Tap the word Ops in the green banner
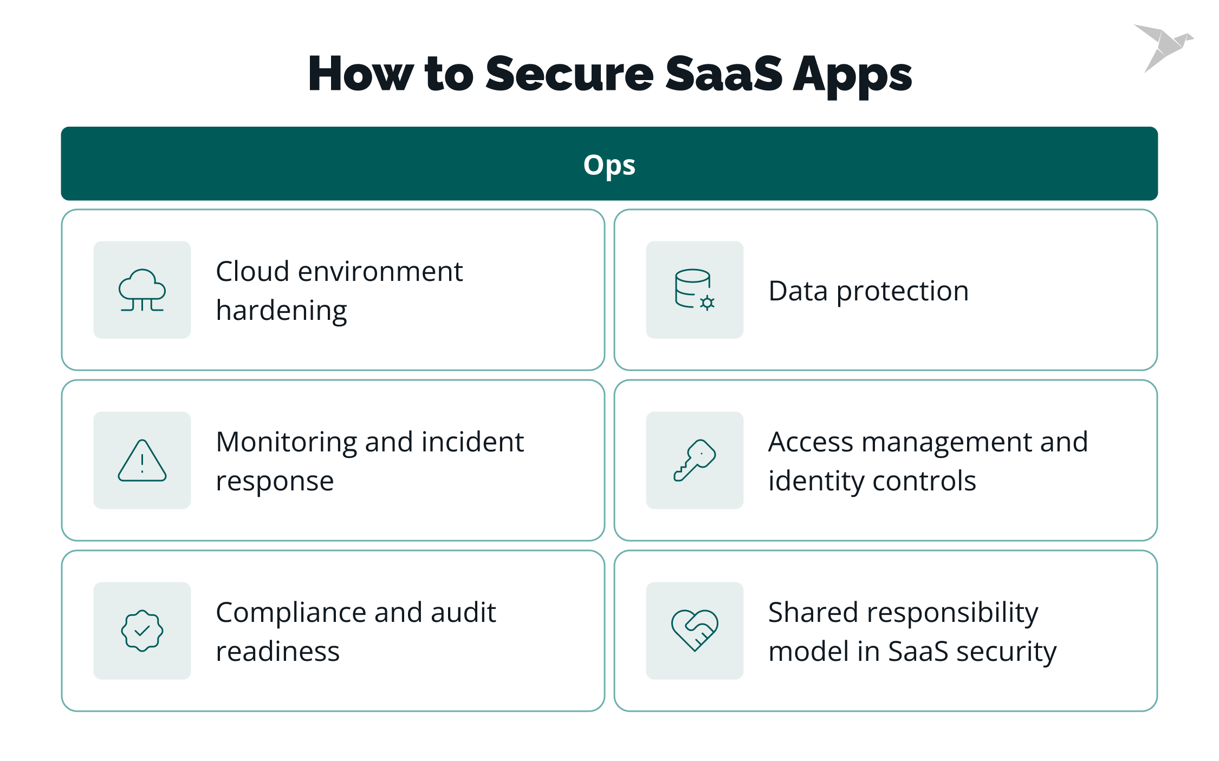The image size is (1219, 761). point(609,165)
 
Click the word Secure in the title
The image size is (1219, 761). point(569,74)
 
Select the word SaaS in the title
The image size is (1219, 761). point(723,74)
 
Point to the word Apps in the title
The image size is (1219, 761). point(852,76)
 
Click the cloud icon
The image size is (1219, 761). point(142,290)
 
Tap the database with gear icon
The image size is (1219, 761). point(695,290)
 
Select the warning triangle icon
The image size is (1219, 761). point(142,461)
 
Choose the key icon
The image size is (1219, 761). point(695,461)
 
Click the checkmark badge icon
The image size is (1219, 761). point(142,631)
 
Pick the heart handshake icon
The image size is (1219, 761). point(695,631)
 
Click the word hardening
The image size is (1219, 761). point(281,312)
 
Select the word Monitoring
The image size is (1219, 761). point(286,443)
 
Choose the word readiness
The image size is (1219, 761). point(277,652)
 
